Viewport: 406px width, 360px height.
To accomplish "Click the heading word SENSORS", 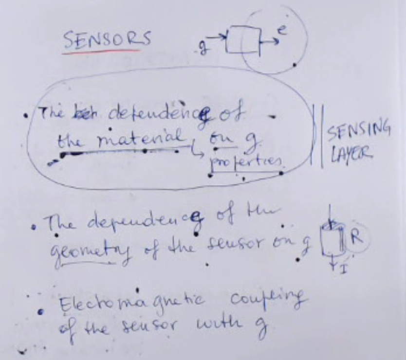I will coord(106,39).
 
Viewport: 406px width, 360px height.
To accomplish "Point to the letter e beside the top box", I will coord(281,31).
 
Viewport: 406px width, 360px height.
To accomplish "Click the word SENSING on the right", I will coord(359,131).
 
